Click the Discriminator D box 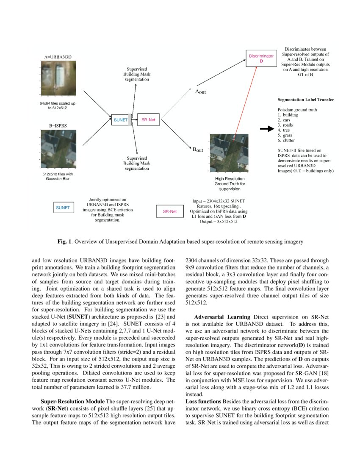point(262,58)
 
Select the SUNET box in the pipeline point(121,120)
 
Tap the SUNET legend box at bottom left point(63,208)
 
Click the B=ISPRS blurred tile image point(58,148)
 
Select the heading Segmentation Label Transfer point(305,100)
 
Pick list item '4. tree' point(283,130)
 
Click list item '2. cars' point(284,120)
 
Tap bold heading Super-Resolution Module point(73,401)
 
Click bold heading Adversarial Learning point(222,317)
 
